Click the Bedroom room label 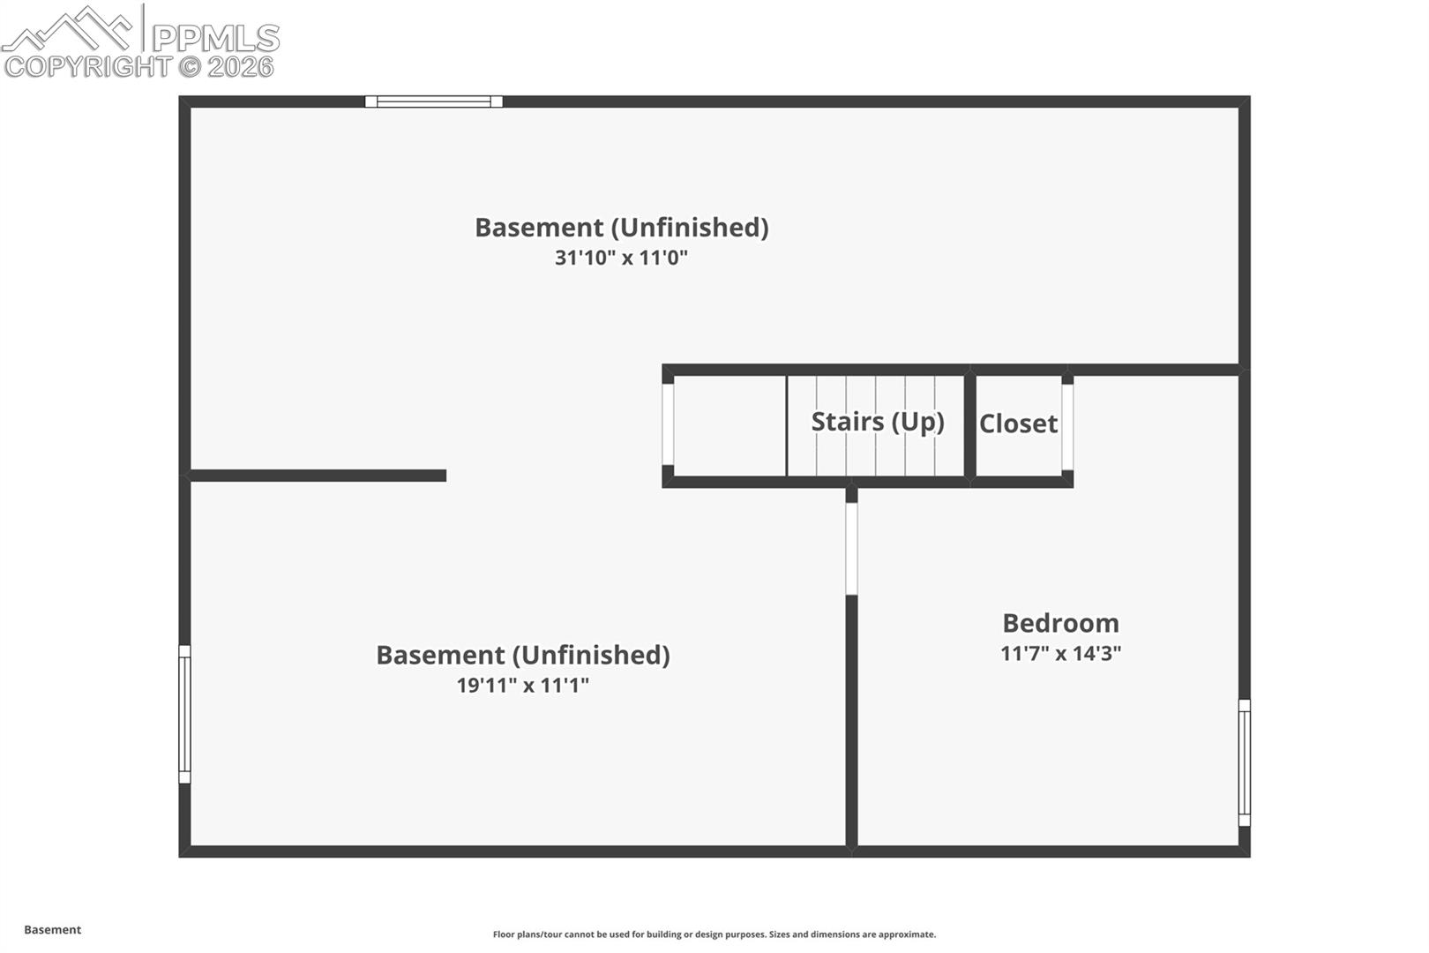pos(1060,623)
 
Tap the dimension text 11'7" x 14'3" pos(1060,654)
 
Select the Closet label pos(1018,424)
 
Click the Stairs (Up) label pos(877,422)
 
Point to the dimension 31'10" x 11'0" pos(621,258)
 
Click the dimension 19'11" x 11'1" pos(522,686)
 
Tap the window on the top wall pos(434,101)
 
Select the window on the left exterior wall pos(184,714)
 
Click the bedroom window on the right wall pos(1244,762)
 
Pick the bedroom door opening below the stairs pos(851,549)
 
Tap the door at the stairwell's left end pos(668,424)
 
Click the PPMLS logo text pos(216,38)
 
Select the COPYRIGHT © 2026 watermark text pos(139,67)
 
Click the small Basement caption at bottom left pos(52,930)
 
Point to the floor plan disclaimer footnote pos(714,934)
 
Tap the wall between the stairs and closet pos(969,425)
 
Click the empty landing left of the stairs pos(729,425)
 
